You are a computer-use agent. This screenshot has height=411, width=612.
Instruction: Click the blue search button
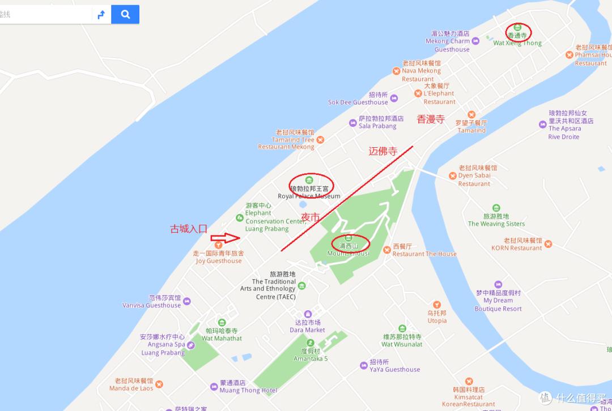pos(125,14)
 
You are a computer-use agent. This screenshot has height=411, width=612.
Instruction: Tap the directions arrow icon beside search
pos(101,15)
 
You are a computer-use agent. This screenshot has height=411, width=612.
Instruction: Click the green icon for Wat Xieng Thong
pos(517,27)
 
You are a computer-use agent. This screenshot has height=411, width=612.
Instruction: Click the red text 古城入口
pos(189,229)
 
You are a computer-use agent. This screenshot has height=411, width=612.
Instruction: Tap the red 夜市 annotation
pos(311,217)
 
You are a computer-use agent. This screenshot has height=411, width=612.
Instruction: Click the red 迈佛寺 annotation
pos(391,151)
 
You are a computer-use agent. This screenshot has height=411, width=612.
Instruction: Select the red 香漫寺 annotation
pos(431,119)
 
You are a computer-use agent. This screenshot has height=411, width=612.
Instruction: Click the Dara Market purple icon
pos(308,314)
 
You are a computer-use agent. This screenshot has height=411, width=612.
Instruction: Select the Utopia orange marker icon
pos(436,305)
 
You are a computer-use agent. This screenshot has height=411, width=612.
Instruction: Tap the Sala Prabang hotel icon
pos(353,122)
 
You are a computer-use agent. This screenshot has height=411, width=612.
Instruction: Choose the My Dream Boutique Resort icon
pos(498,284)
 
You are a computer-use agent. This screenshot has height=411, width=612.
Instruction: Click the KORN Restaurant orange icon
pos(548,244)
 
